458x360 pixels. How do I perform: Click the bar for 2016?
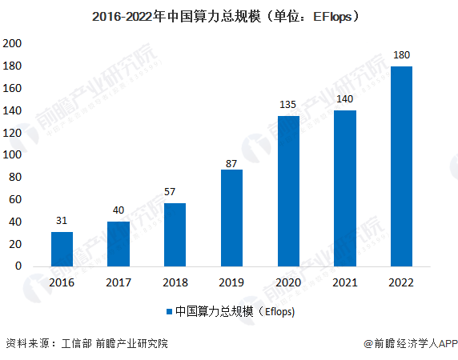[62, 249]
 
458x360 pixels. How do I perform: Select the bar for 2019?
[231, 218]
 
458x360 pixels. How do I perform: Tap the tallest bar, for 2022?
[401, 166]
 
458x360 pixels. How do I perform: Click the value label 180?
[401, 55]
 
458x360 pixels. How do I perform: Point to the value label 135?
[288, 105]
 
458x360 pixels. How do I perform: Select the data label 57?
[175, 192]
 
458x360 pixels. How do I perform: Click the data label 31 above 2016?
[62, 221]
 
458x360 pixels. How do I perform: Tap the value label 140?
[345, 99]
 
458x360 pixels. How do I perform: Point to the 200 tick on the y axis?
[13, 42]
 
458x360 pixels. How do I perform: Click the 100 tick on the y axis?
[13, 154]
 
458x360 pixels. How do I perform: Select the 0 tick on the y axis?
[18, 266]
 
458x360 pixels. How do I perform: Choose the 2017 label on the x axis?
[119, 282]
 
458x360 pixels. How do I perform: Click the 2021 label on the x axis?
[345, 282]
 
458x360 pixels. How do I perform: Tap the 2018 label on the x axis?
[175, 282]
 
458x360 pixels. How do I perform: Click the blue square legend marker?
[169, 312]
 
